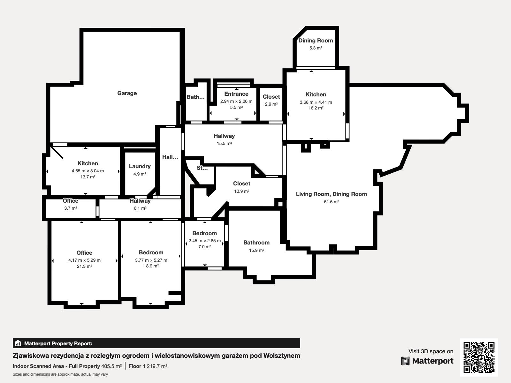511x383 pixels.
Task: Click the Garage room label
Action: (127, 93)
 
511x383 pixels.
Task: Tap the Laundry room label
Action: (140, 166)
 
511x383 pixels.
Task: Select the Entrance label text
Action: (236, 94)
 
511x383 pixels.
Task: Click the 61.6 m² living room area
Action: (331, 202)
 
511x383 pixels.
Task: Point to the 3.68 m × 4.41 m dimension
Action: (316, 102)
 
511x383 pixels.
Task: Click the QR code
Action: (479, 357)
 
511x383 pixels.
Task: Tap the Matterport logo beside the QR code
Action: (427, 361)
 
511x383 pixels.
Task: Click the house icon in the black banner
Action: (18, 343)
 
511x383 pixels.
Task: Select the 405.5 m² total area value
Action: (111, 366)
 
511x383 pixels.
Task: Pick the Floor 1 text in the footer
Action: (137, 366)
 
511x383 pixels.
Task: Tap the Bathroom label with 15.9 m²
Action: (256, 243)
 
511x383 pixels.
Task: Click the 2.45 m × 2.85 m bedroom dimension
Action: (205, 241)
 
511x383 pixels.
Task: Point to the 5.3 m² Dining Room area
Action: (316, 48)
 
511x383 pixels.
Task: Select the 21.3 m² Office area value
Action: (85, 266)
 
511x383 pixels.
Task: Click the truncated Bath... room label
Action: (195, 97)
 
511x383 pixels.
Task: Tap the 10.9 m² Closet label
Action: (242, 184)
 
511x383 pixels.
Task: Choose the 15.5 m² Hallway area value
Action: (224, 143)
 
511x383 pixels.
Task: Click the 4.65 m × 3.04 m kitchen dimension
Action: (88, 171)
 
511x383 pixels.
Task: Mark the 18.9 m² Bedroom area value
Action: (151, 266)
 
